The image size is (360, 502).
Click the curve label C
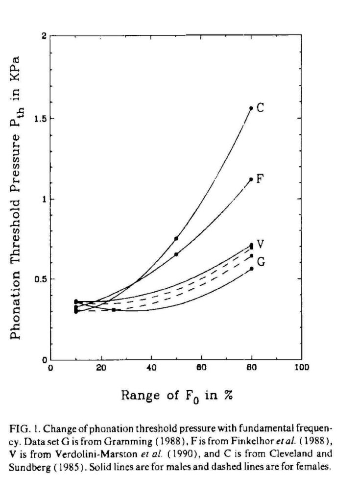(261, 107)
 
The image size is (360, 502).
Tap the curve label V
(262, 244)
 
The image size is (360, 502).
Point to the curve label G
(262, 261)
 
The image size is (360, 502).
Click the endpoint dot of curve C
(251, 108)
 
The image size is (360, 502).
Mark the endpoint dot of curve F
(251, 179)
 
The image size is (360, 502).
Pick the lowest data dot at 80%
(251, 269)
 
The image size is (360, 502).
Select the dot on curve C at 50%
(176, 238)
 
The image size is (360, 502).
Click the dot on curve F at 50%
(176, 254)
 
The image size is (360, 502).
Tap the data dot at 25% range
(113, 310)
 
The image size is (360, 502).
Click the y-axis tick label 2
(44, 37)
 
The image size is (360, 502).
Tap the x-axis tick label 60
(201, 368)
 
